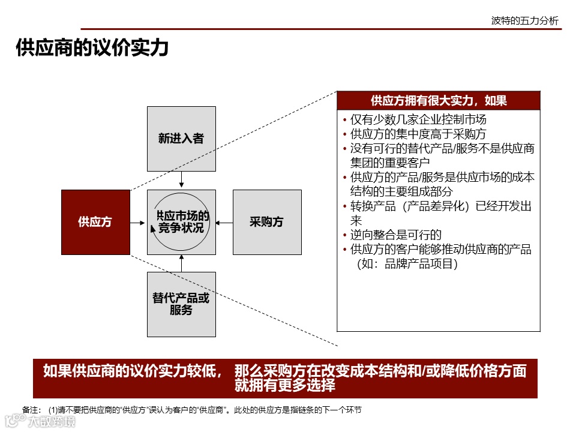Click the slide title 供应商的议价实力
(x=92, y=48)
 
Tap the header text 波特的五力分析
(x=524, y=21)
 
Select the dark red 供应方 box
(x=95, y=222)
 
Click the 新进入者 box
(x=181, y=139)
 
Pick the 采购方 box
(x=267, y=222)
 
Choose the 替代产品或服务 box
(x=181, y=304)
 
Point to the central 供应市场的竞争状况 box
(x=181, y=222)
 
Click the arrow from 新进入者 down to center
(x=181, y=179)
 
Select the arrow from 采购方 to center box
(x=224, y=223)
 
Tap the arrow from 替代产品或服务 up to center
(x=181, y=263)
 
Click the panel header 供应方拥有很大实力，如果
(x=439, y=100)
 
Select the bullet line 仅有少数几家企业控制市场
(x=418, y=119)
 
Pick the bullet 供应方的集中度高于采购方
(x=418, y=134)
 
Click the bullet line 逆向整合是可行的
(x=396, y=235)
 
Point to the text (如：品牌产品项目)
(x=407, y=264)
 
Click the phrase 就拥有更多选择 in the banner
(x=285, y=386)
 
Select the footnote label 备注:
(x=32, y=410)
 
